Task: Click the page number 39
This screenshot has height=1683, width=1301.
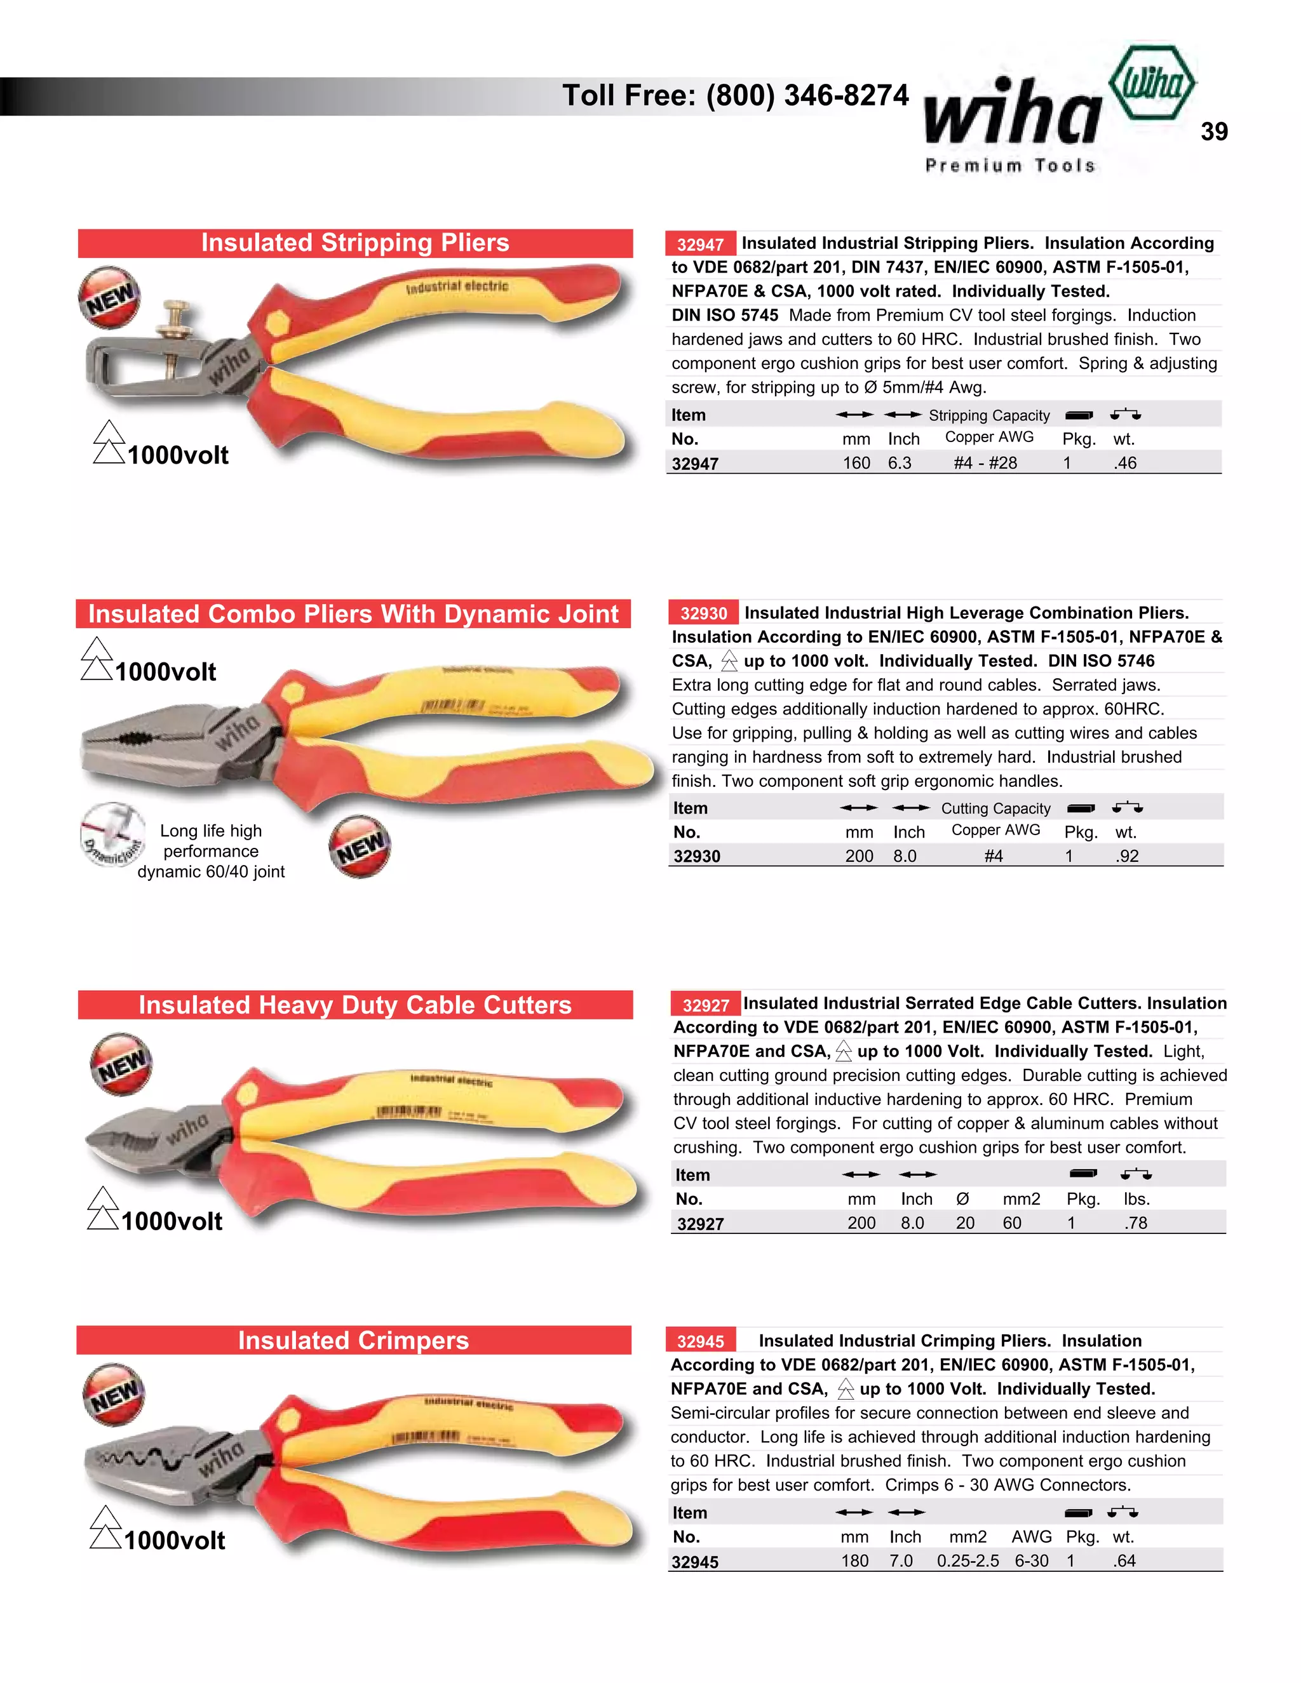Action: click(x=1214, y=131)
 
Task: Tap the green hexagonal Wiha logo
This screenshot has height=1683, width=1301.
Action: click(x=1152, y=83)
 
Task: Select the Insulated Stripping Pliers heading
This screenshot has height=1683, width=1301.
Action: click(x=355, y=243)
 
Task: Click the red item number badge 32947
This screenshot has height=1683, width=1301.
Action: click(x=700, y=245)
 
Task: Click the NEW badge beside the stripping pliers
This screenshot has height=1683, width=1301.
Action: click(x=109, y=297)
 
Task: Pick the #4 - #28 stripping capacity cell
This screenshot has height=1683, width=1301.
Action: click(x=985, y=463)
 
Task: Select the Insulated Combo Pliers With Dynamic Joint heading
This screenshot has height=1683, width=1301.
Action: click(x=353, y=614)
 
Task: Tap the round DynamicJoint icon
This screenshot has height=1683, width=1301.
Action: click(x=112, y=835)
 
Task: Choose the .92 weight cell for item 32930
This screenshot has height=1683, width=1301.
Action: click(x=1127, y=856)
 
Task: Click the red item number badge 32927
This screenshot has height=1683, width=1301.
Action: click(x=705, y=1005)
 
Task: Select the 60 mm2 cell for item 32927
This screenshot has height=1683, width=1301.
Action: click(x=1012, y=1223)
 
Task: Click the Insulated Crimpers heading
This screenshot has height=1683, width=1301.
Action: click(x=353, y=1341)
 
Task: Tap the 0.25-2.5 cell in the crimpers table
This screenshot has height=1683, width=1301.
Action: click(x=967, y=1561)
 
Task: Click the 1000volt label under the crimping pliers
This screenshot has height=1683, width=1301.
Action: click(x=174, y=1541)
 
